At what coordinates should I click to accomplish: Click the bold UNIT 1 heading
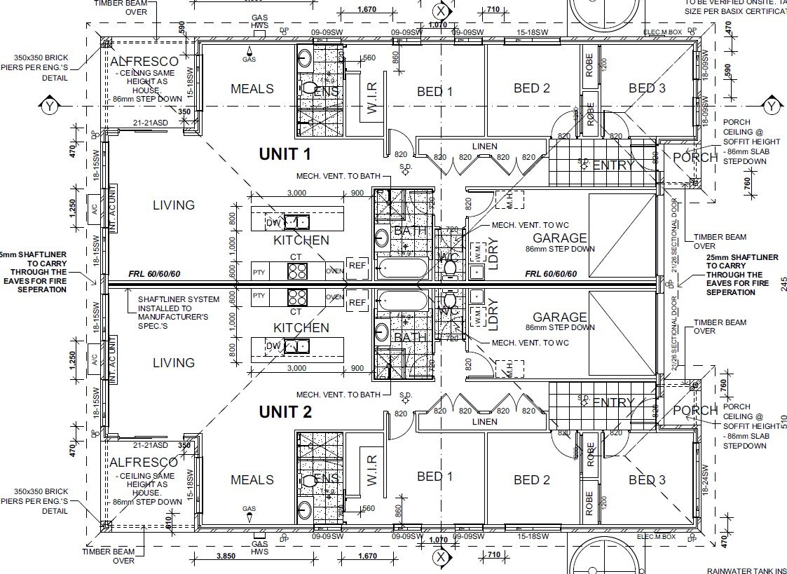coord(285,153)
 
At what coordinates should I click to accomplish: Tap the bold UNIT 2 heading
coord(285,412)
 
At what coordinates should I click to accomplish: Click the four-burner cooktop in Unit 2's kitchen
coord(297,296)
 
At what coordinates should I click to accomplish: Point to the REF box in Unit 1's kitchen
coord(357,265)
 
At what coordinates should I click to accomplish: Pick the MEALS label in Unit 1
coord(252,89)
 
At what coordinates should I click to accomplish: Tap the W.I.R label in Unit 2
coord(371,468)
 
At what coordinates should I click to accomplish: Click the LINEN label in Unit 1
coord(484,146)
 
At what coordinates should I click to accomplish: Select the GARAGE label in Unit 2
coord(559,317)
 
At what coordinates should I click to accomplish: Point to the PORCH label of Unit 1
coord(694,158)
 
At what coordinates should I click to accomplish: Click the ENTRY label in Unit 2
coord(613,402)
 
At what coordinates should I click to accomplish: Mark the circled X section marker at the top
coord(440,11)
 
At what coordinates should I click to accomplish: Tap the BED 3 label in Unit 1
coord(646,88)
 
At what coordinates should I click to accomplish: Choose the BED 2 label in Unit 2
coord(531,480)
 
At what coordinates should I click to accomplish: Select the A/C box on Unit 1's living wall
coord(94,208)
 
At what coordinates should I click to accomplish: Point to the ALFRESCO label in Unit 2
coord(144,463)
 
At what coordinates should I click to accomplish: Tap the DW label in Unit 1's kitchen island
coord(273,223)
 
